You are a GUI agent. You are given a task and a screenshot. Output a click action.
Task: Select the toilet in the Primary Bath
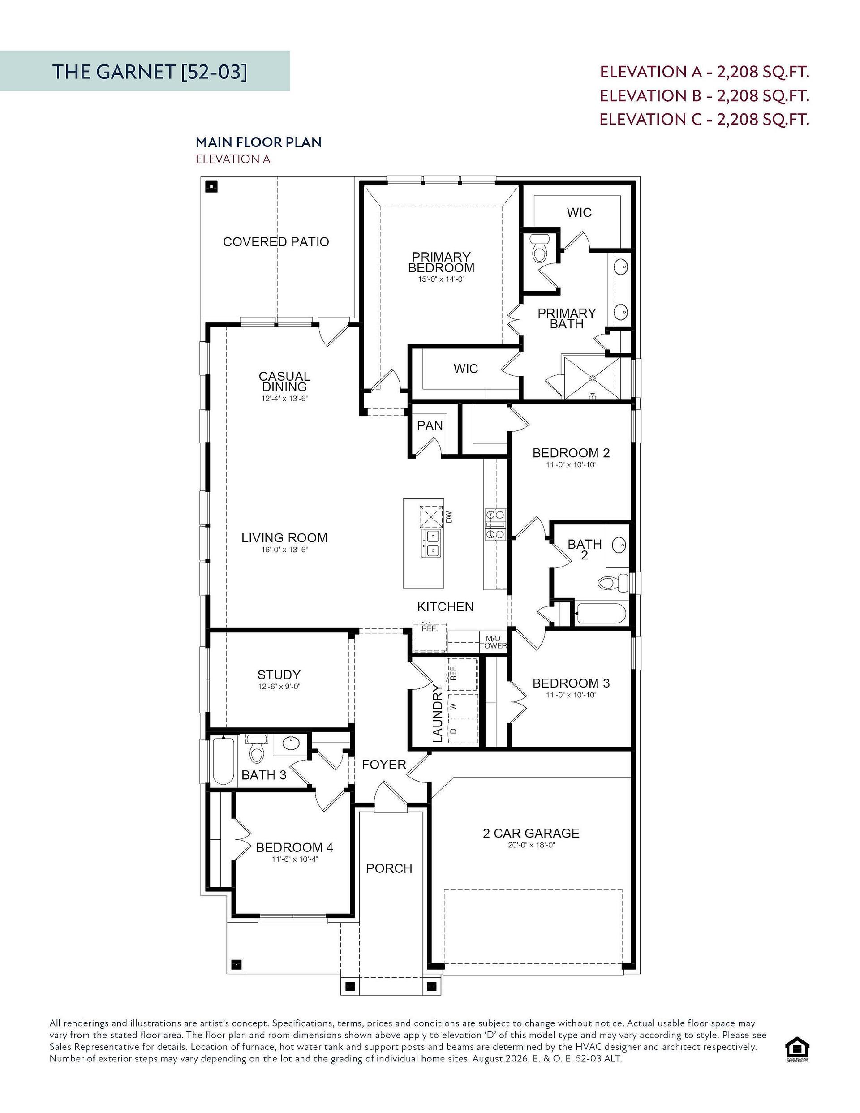(539, 248)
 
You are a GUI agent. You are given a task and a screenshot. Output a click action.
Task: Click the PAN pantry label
(430, 425)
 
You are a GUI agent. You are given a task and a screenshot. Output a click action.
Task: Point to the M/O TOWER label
(493, 642)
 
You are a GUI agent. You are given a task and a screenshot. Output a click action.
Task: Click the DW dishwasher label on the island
(449, 517)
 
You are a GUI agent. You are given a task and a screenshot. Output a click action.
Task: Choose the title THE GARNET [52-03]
(150, 71)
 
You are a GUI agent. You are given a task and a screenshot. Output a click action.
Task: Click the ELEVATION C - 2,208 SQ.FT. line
(704, 119)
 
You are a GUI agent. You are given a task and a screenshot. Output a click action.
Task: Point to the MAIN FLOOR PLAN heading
(258, 142)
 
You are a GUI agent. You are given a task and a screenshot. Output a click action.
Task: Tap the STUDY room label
(279, 675)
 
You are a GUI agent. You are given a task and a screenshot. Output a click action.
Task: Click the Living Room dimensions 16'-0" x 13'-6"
(284, 550)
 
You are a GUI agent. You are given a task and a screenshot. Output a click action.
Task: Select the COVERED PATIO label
(276, 241)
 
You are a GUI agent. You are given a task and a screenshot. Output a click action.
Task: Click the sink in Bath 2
(619, 545)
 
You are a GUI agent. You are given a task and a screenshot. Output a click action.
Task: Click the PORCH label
(389, 868)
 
